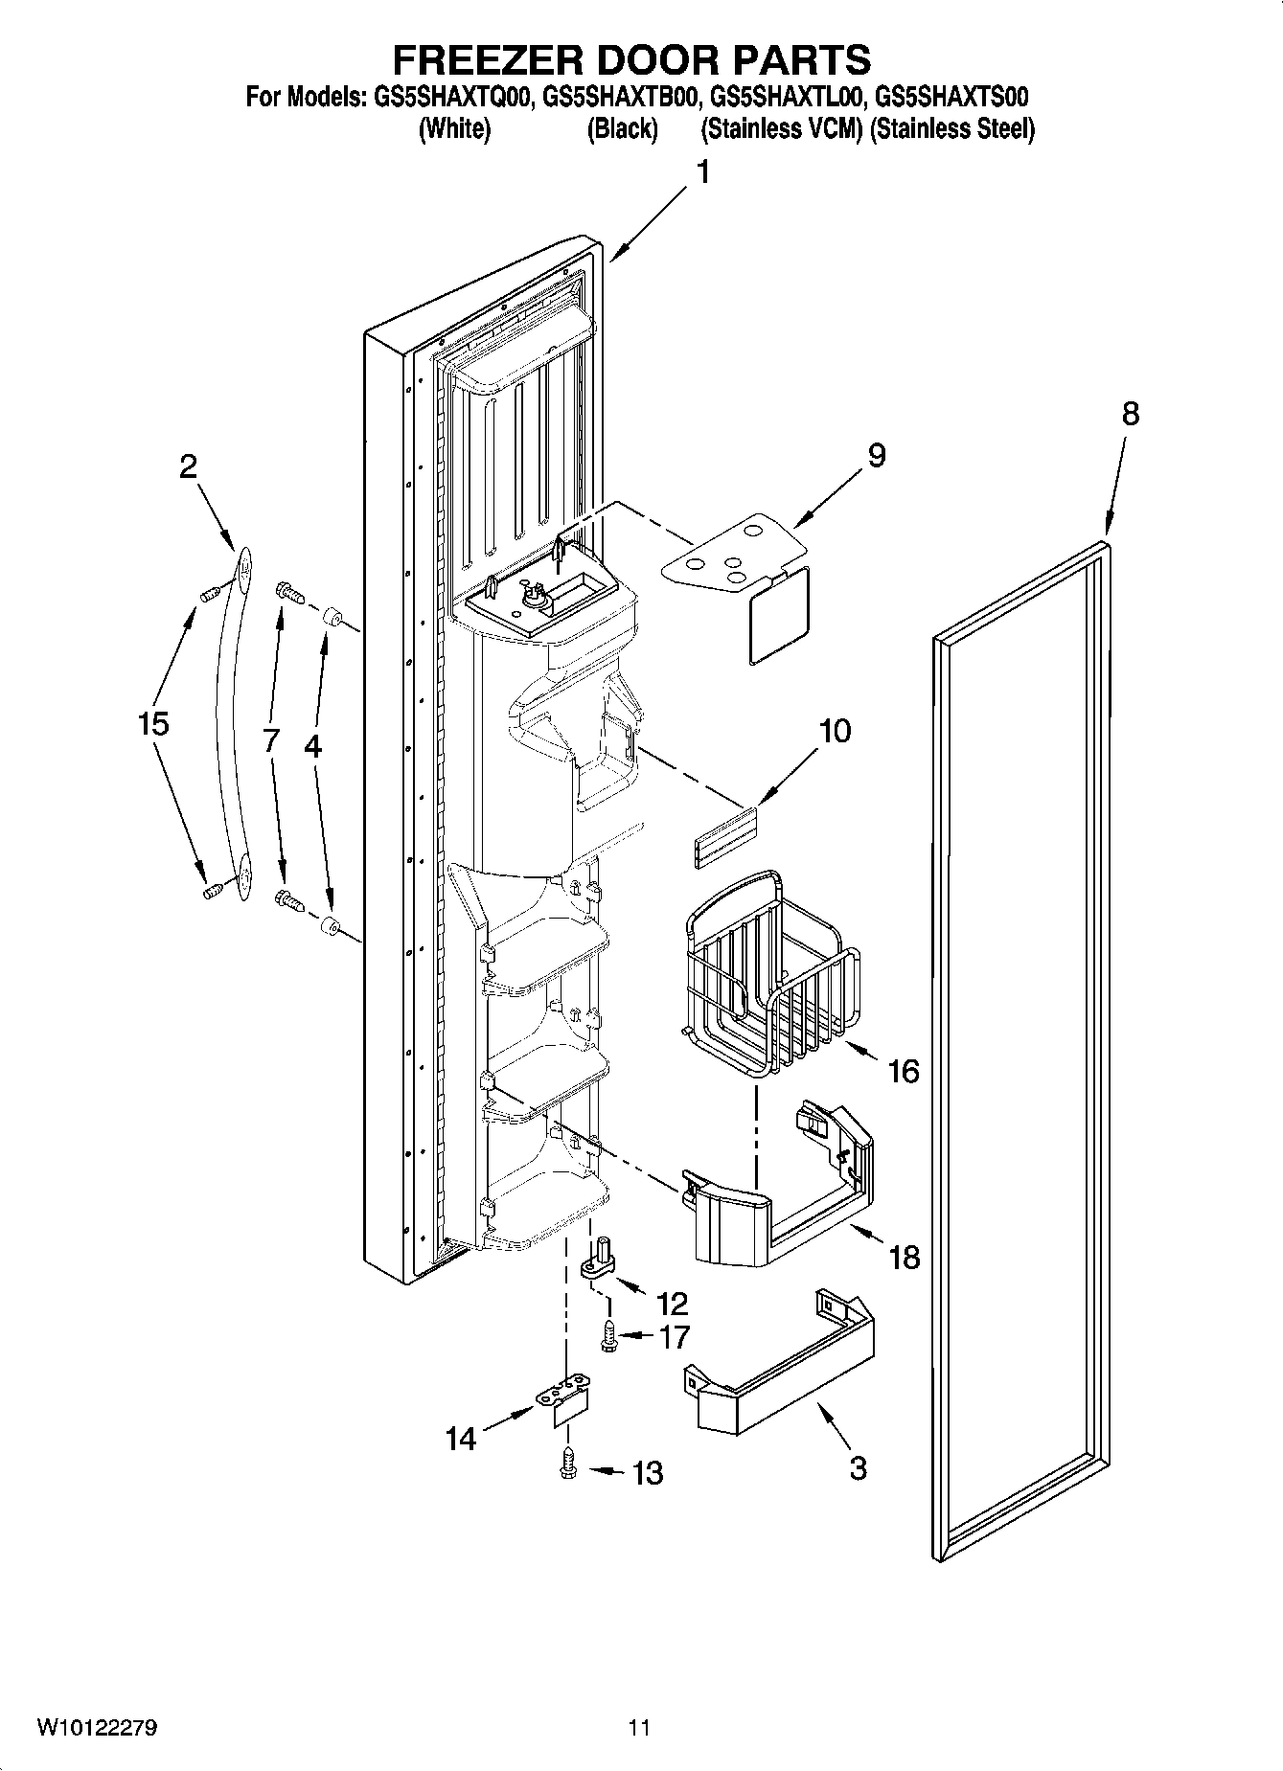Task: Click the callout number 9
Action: [x=876, y=454]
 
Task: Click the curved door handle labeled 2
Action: [x=232, y=728]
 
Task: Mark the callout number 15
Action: [x=153, y=723]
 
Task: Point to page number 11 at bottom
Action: [x=639, y=1728]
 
